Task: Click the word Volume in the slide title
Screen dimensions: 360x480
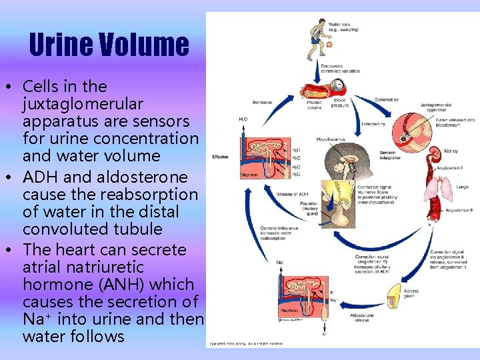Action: click(146, 45)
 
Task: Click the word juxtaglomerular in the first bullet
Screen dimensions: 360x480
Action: click(83, 104)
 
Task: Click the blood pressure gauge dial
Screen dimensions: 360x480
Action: click(338, 85)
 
